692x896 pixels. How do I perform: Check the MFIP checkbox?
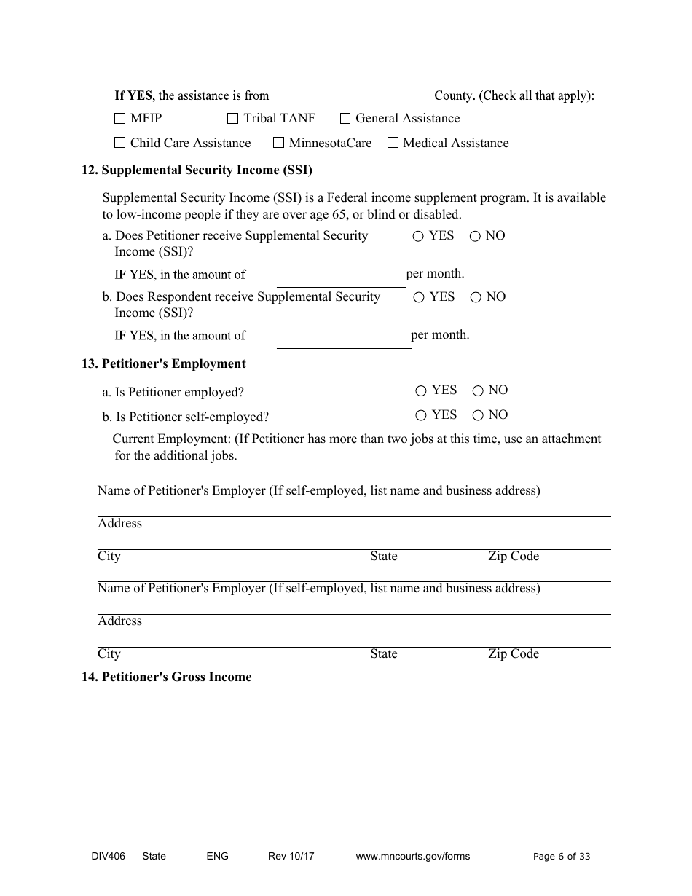click(120, 118)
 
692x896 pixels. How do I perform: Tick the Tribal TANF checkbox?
click(233, 118)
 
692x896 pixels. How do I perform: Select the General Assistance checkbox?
click(345, 118)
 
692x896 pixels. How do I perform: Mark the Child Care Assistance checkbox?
click(120, 143)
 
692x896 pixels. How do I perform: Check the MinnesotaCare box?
click(278, 143)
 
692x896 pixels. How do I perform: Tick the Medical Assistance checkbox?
click(393, 143)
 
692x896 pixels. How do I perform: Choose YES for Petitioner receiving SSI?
click(418, 236)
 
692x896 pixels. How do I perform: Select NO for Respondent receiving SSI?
click(476, 297)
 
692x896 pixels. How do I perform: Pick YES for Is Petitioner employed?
click(421, 391)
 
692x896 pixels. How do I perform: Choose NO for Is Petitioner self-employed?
click(478, 416)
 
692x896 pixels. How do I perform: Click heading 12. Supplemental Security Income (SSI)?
click(197, 170)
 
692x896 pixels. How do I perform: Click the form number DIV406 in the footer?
click(98, 857)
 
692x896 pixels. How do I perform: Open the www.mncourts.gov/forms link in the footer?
click(412, 857)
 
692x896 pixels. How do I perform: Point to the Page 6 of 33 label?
click(562, 857)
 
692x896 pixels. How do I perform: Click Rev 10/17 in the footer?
click(291, 857)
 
